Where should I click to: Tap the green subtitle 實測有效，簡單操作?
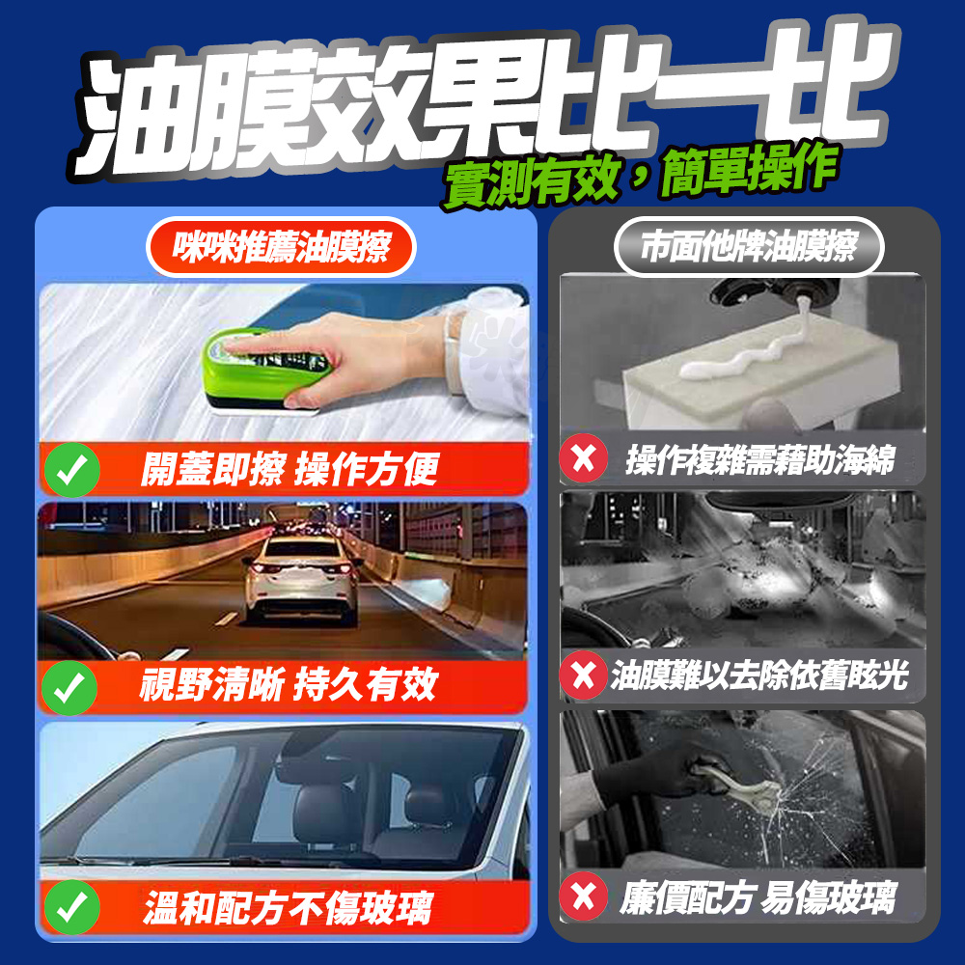[640, 176]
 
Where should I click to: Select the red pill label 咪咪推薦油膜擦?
[281, 247]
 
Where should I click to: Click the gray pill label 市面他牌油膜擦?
[749, 247]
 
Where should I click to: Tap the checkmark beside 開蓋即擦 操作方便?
[72, 470]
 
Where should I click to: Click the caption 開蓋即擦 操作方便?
[289, 469]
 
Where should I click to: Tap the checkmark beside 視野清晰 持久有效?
[69, 687]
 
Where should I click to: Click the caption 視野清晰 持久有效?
[288, 684]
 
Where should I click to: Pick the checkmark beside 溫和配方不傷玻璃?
[72, 907]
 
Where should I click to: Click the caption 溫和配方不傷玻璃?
[288, 908]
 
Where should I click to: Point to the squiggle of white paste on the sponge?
[738, 354]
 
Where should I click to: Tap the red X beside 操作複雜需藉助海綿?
[584, 458]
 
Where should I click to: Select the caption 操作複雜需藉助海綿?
[760, 459]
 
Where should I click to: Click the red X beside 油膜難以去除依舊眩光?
[584, 675]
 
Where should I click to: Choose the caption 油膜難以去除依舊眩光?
[759, 675]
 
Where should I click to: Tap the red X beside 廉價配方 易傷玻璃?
[584, 896]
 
